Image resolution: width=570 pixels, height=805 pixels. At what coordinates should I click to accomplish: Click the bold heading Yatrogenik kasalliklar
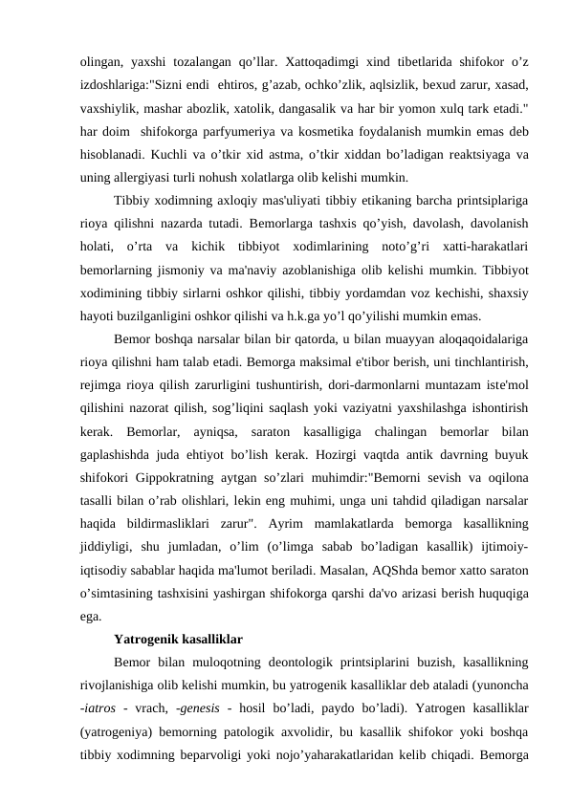(177, 638)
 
